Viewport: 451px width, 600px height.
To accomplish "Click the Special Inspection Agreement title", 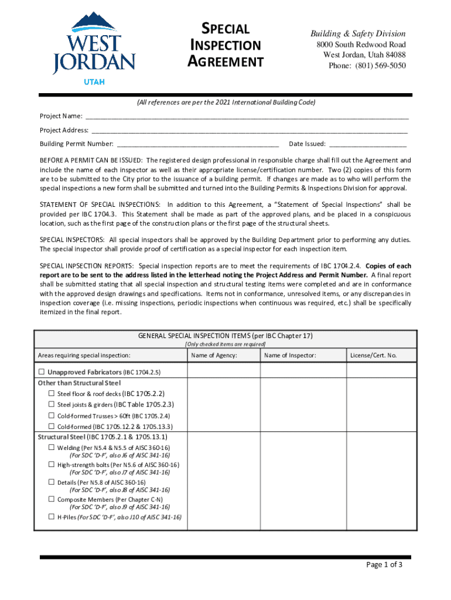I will point(225,45).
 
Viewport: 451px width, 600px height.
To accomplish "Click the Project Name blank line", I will point(246,116).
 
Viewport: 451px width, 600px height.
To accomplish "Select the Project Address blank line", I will point(249,130).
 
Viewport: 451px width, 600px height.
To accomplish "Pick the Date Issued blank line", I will point(368,144).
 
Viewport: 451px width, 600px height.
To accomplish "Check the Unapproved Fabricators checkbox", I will point(42,372).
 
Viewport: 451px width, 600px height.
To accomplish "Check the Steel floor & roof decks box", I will point(52,394).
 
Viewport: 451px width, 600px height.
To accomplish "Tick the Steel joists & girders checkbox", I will point(52,404).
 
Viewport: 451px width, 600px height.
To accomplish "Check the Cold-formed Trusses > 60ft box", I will point(52,415).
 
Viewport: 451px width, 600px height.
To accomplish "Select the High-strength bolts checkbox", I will point(52,465).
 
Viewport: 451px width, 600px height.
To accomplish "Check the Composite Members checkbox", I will point(52,499).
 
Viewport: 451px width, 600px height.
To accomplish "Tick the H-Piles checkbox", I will point(52,517).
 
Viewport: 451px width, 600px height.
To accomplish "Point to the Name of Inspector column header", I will point(290,355).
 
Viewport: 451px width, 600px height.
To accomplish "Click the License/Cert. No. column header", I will point(373,355).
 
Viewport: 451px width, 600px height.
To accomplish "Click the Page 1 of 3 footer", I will point(384,565).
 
